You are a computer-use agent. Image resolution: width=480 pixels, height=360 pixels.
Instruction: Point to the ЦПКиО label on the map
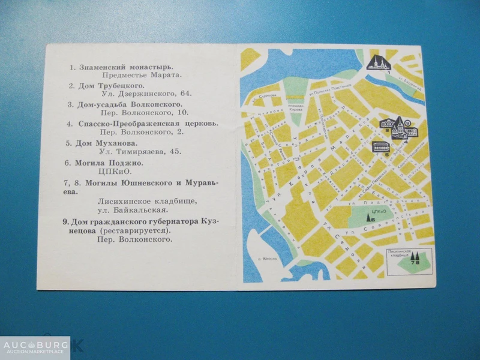pos(377,212)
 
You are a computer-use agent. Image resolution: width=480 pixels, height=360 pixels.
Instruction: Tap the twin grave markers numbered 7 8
pos(415,257)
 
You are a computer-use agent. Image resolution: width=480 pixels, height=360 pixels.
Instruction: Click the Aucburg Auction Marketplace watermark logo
pos(35,347)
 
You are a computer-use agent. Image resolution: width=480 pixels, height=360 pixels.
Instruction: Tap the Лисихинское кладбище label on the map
pos(401,254)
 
